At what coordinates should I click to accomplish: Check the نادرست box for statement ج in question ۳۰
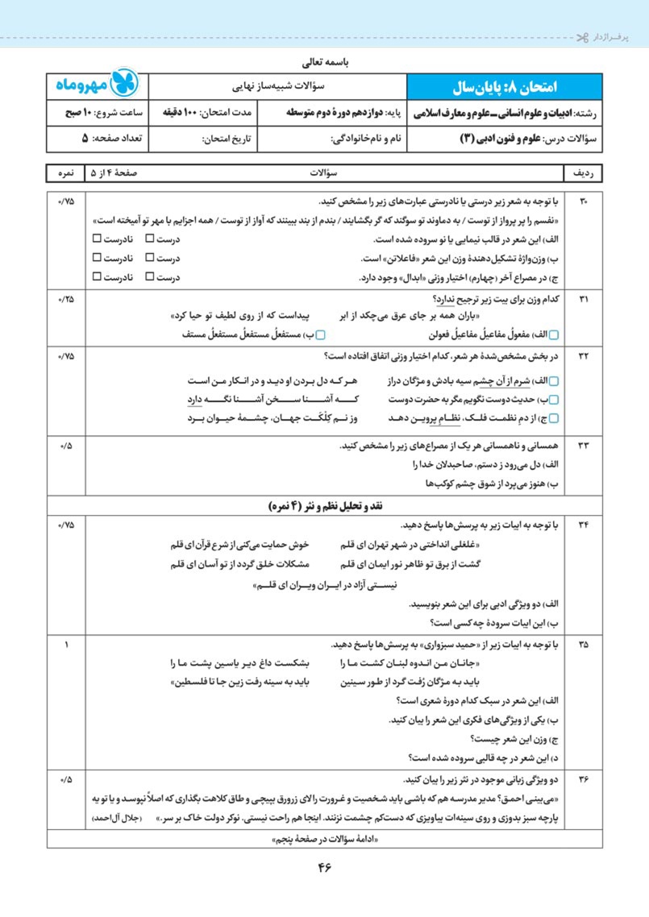pyautogui.click(x=97, y=277)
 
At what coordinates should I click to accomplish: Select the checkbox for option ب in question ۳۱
pyautogui.click(x=320, y=334)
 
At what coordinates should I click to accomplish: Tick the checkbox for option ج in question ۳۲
pyautogui.click(x=553, y=418)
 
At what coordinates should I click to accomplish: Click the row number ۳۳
pyautogui.click(x=585, y=445)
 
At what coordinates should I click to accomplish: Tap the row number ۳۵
pyautogui.click(x=585, y=644)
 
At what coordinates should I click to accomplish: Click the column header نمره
pyautogui.click(x=66, y=173)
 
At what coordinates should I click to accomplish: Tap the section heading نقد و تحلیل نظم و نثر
pyautogui.click(x=325, y=506)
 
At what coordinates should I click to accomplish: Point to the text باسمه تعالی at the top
pyautogui.click(x=324, y=60)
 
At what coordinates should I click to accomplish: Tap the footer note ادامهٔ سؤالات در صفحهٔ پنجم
pyautogui.click(x=325, y=839)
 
